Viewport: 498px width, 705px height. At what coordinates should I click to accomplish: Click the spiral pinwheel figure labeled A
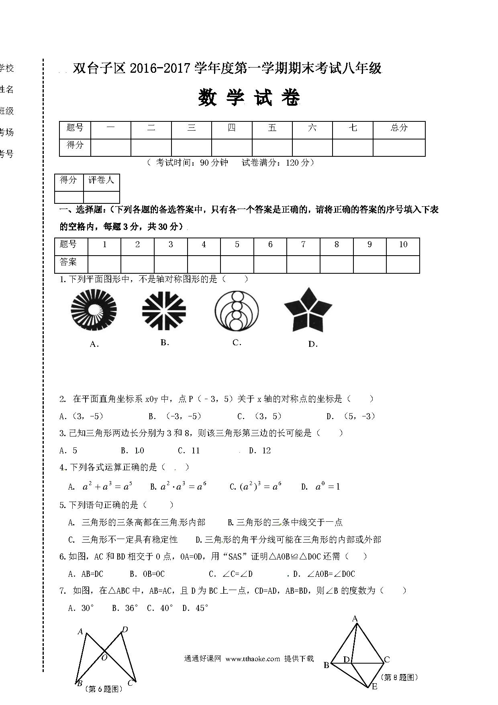(94, 310)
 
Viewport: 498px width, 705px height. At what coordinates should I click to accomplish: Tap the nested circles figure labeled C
(237, 310)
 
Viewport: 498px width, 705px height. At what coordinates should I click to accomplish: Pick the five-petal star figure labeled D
(308, 310)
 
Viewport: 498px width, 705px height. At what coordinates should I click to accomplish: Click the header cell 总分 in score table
(399, 128)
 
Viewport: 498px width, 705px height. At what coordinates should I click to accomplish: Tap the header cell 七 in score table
(353, 128)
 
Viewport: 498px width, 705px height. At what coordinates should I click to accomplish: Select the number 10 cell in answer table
(403, 244)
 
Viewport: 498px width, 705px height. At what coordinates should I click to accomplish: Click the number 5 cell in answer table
(237, 244)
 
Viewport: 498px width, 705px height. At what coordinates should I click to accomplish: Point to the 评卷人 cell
(101, 180)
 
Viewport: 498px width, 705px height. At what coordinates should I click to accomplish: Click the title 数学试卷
(249, 98)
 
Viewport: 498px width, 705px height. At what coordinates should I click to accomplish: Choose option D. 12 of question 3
(260, 451)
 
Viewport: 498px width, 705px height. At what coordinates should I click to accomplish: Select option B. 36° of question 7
(125, 608)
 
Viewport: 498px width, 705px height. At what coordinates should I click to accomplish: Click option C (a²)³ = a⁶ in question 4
(255, 487)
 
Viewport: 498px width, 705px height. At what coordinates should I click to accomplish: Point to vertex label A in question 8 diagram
(355, 619)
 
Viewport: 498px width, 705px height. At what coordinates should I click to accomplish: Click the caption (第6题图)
(104, 689)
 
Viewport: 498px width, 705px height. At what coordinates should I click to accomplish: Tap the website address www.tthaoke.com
(253, 659)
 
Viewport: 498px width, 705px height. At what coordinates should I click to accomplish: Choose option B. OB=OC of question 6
(147, 574)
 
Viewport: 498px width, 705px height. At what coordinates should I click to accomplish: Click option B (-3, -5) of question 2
(175, 416)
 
